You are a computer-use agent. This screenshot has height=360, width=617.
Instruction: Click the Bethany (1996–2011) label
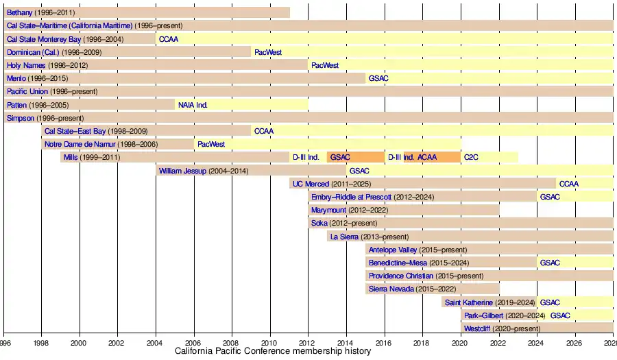pyautogui.click(x=41, y=12)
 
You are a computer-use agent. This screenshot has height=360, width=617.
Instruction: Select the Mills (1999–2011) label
pyautogui.click(x=92, y=157)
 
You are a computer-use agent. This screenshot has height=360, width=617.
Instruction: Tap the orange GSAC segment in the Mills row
pyautogui.click(x=355, y=157)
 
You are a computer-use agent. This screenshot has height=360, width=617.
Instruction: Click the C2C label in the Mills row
pyautogui.click(x=471, y=157)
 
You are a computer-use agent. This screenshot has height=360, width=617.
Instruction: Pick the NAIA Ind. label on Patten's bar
pyautogui.click(x=193, y=105)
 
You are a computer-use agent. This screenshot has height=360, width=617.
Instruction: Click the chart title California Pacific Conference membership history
pyautogui.click(x=273, y=351)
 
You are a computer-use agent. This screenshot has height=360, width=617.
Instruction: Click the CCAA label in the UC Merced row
pyautogui.click(x=569, y=184)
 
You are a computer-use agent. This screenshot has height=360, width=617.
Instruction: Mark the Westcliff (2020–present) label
pyautogui.click(x=502, y=328)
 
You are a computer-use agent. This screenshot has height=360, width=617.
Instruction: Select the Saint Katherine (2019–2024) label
pyautogui.click(x=490, y=302)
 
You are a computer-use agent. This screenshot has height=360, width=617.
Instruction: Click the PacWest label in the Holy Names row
pyautogui.click(x=325, y=65)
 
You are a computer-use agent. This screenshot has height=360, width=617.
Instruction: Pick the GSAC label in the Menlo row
pyautogui.click(x=378, y=78)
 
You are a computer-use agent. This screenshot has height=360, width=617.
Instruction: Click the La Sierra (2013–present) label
pyautogui.click(x=369, y=237)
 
